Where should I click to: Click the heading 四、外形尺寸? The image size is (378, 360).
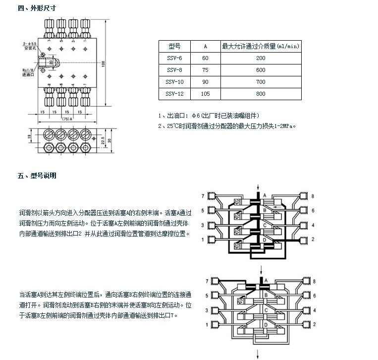click(x=37, y=8)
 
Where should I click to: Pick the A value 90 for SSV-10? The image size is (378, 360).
click(x=206, y=82)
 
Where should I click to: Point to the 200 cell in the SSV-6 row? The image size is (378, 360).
click(x=261, y=59)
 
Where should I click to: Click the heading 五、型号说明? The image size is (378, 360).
click(x=37, y=176)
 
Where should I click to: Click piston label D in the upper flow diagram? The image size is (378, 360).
click(x=265, y=240)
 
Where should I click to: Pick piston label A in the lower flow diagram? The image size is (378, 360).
click(x=266, y=281)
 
